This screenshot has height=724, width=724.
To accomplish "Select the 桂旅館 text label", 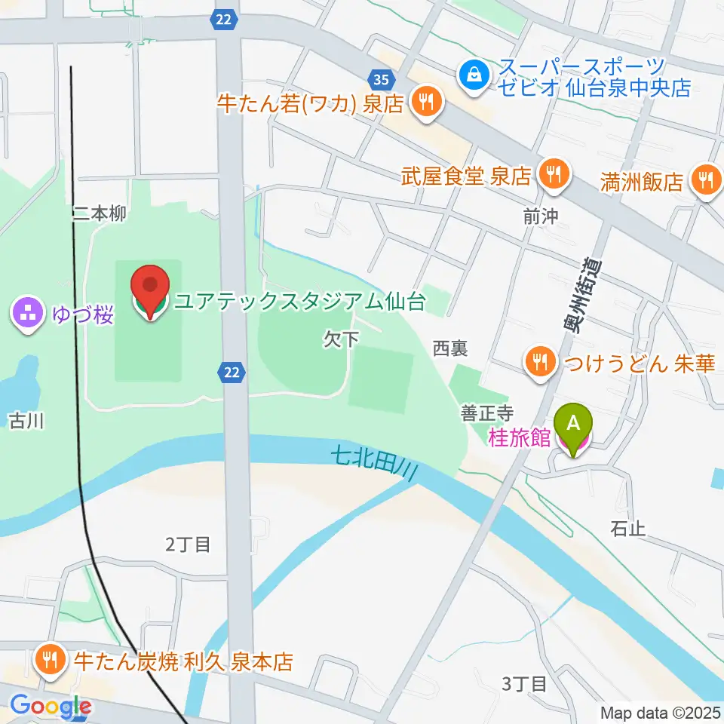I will tap(520, 438).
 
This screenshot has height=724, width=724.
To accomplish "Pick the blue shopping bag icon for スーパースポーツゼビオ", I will tap(474, 75).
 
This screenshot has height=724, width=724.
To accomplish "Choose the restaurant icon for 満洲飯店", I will tap(705, 181).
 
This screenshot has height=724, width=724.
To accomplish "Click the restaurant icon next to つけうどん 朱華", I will tap(539, 364).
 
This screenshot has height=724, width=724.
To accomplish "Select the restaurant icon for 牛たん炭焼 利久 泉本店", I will tap(51, 661).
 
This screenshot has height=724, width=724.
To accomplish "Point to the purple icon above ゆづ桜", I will tap(27, 313).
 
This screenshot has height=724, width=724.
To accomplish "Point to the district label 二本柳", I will tap(100, 214).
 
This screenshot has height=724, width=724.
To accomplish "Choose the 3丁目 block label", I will tap(524, 683).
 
